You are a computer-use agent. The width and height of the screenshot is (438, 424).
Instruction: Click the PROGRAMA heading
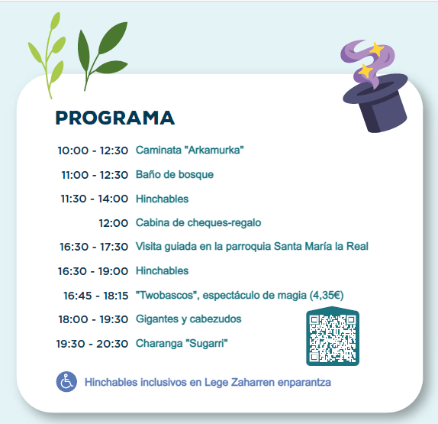click(114, 118)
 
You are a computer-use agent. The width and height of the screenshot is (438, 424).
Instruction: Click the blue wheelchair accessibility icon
click(66, 382)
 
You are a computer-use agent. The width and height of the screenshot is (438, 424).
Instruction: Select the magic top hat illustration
click(375, 86)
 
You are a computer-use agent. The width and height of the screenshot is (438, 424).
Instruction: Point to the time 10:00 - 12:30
click(93, 151)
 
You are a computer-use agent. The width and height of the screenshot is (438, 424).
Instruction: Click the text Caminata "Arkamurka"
click(190, 151)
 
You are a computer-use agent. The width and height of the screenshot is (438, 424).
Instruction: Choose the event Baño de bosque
click(175, 174)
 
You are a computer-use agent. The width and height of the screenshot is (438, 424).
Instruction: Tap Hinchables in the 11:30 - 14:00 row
click(162, 199)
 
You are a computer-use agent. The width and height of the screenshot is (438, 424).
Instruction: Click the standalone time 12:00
click(114, 223)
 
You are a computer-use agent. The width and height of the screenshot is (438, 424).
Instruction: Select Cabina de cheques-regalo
click(198, 222)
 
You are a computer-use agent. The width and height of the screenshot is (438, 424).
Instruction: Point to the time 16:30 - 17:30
click(94, 247)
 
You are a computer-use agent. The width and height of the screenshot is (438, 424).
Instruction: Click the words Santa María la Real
click(321, 247)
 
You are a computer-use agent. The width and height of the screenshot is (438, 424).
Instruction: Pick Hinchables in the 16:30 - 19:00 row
click(162, 270)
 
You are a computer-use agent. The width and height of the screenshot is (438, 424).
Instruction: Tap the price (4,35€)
click(327, 296)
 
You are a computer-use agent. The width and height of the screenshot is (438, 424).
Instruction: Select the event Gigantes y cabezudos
click(188, 319)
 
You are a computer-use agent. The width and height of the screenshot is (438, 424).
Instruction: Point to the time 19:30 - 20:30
click(92, 344)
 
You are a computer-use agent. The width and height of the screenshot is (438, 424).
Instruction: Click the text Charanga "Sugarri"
click(182, 343)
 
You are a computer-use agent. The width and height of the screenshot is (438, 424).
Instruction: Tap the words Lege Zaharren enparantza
click(268, 382)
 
